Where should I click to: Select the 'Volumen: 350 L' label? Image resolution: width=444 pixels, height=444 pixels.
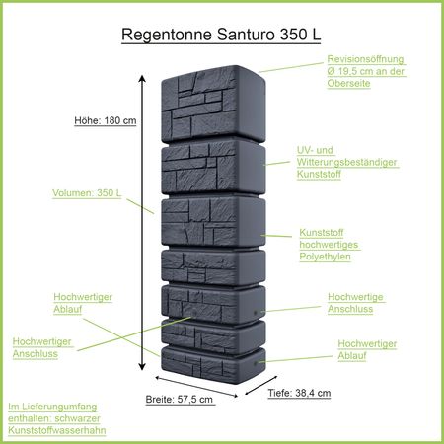coord(87,193)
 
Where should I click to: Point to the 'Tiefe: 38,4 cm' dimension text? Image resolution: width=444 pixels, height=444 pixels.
coord(298,392)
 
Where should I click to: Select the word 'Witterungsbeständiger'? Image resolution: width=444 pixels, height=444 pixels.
coord(342,161)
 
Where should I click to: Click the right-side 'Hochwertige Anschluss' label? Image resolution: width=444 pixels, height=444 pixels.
coord(354,303)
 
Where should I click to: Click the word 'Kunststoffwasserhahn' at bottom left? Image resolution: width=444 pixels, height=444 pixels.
coord(56,431)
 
